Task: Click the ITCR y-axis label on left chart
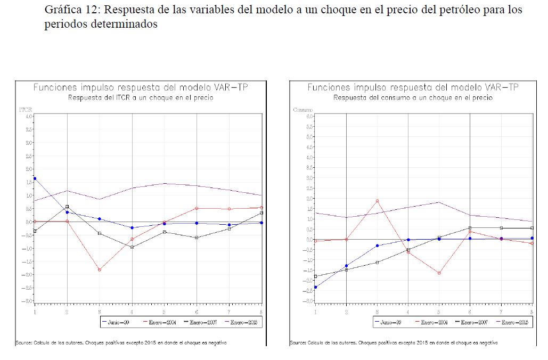[26, 110]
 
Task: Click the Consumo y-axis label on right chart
[302, 110]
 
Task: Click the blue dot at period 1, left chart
[35, 178]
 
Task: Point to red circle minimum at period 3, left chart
[100, 270]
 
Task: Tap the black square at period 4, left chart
[132, 247]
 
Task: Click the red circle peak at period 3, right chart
[377, 201]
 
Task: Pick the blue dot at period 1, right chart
[315, 287]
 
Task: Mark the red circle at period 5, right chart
[439, 273]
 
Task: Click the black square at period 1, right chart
[315, 276]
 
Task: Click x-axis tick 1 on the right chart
[315, 311]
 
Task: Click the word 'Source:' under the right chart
[298, 342]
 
